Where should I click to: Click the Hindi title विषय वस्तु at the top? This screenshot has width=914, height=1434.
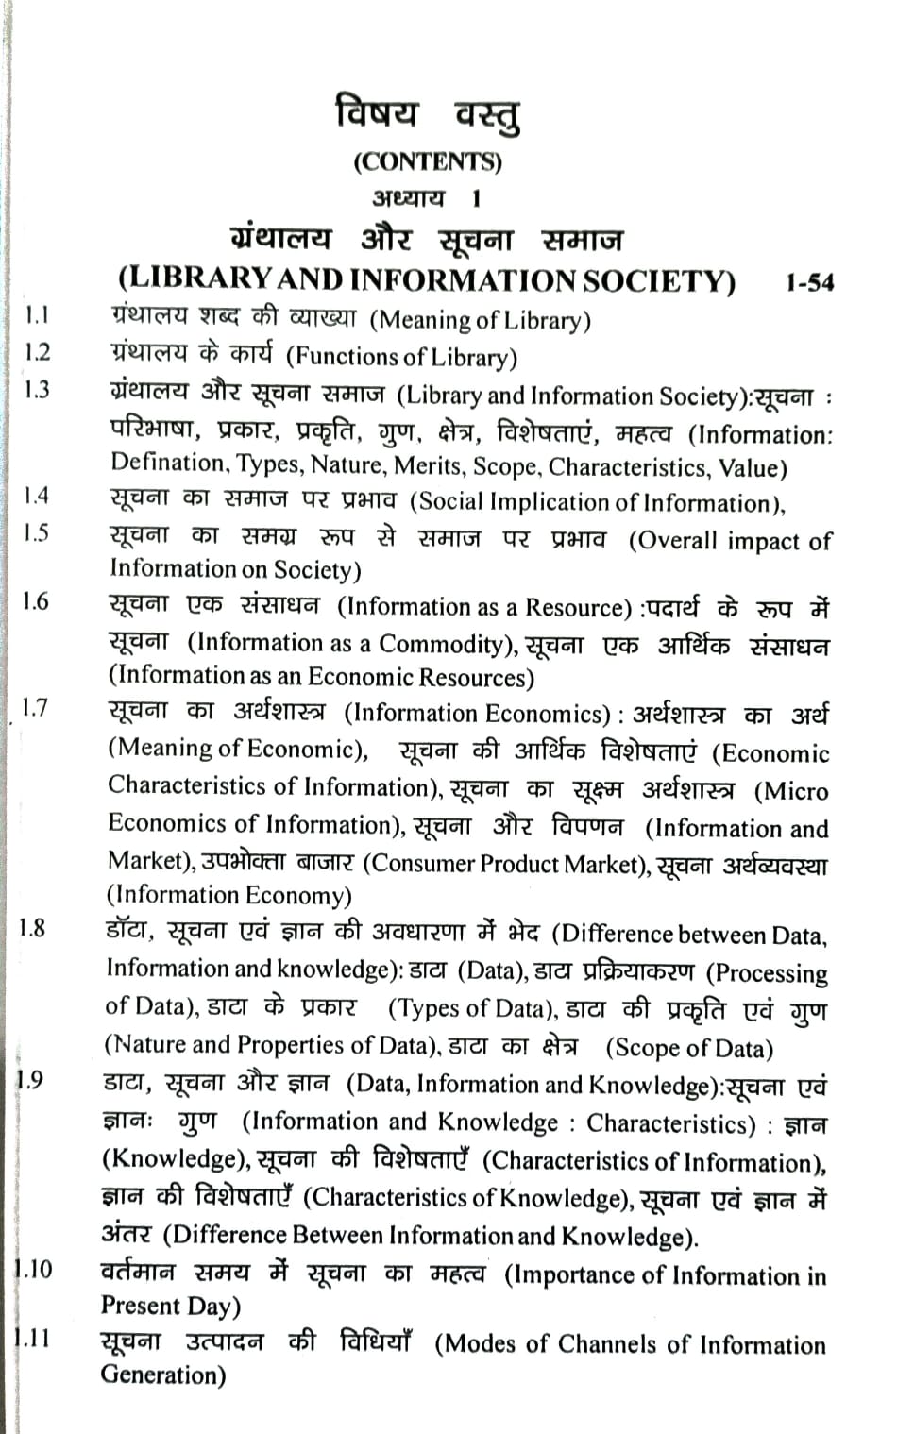[427, 114]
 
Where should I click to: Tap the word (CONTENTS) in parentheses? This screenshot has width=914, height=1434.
[428, 161]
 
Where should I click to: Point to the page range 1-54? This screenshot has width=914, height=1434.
[809, 282]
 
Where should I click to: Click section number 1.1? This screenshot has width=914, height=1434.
[38, 315]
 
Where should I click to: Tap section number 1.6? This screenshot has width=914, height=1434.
[36, 601]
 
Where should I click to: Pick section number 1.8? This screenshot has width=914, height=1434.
[32, 927]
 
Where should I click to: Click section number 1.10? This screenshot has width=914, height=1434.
[34, 1268]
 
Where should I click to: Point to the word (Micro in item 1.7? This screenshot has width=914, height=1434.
[790, 791]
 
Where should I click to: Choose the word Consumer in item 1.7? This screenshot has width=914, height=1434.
[418, 863]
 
